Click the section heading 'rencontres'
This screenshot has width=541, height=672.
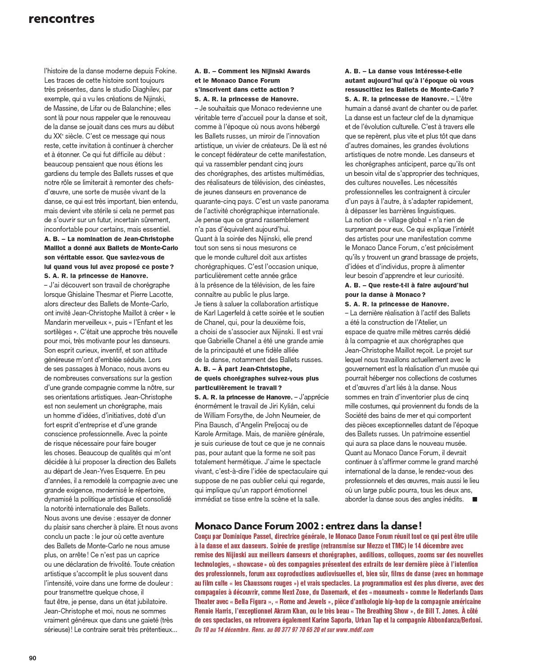click(x=61, y=19)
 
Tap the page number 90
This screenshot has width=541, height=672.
click(x=32, y=658)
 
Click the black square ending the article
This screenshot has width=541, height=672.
click(x=474, y=499)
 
